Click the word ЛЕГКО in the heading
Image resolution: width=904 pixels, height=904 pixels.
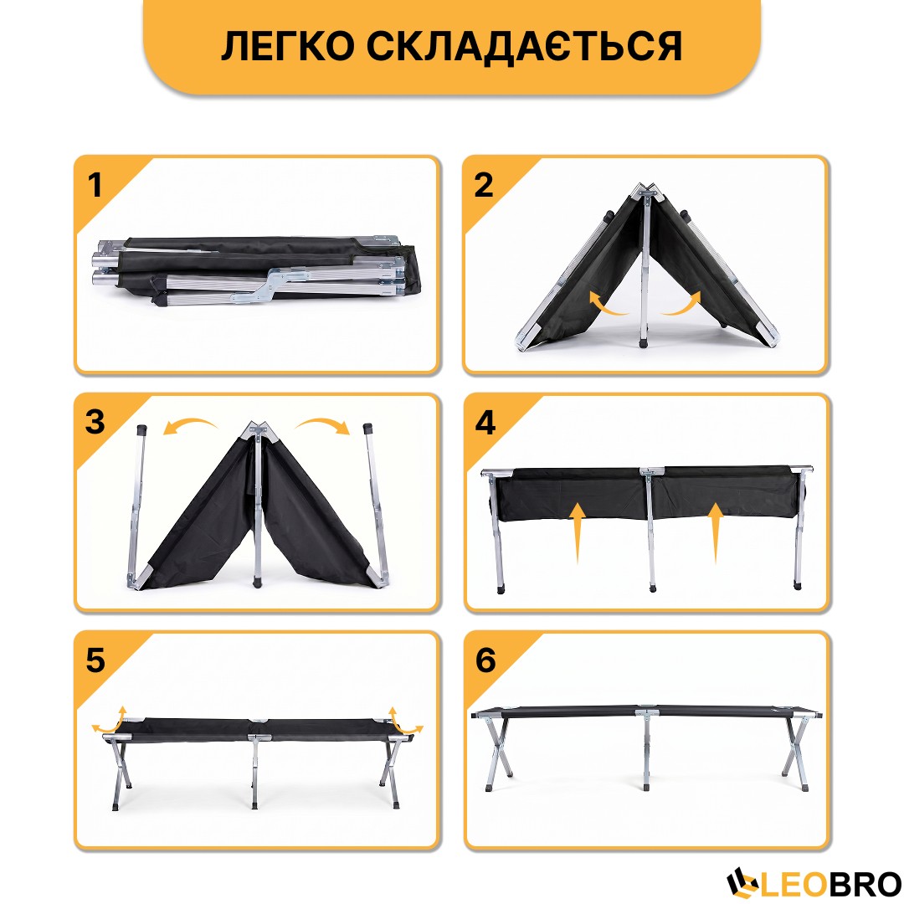pos(287,46)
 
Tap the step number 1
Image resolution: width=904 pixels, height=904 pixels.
pos(95,185)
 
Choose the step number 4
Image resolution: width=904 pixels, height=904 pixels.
pos(485,423)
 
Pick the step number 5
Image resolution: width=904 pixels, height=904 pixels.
pos(95,660)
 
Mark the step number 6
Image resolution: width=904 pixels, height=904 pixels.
pos(485,660)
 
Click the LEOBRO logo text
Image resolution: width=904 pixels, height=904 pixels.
pos(831,884)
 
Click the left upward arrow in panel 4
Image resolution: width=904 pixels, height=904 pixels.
pos(577,532)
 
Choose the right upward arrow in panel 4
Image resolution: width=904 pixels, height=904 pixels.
pos(716,532)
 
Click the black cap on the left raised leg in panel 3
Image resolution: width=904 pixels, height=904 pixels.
pos(141,430)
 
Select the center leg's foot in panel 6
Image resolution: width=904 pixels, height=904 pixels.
pos(645,785)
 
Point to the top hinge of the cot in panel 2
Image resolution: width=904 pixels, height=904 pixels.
pos(647,193)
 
